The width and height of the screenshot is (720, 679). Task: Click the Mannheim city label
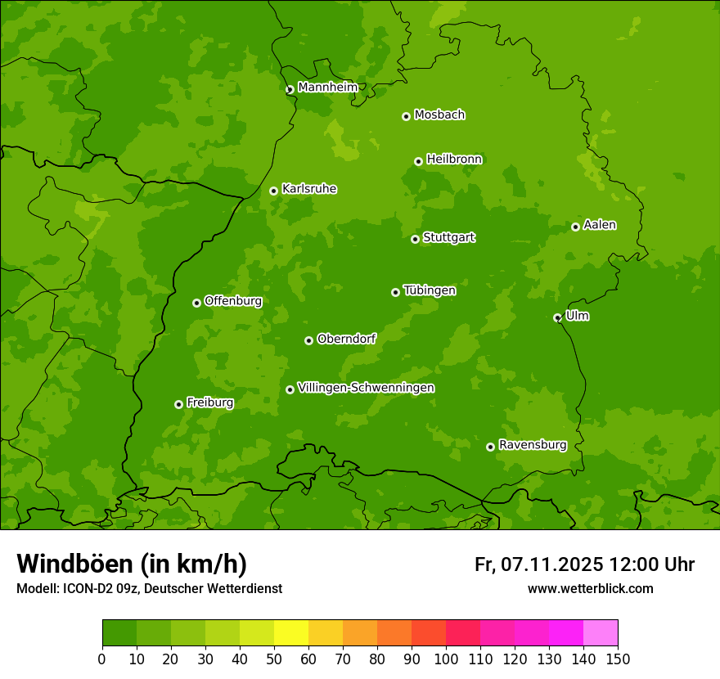327,88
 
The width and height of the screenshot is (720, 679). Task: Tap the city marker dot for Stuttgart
415,239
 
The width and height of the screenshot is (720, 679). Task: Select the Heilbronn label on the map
454,160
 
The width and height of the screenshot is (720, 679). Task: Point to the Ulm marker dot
557,317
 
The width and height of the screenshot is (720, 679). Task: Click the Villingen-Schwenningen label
366,388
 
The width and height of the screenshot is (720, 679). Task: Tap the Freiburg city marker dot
178,404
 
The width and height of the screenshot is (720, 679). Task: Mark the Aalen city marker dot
575,227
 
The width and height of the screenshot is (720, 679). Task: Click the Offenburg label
233,301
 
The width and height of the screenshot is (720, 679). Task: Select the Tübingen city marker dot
395,292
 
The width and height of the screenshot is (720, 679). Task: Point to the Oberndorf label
346,339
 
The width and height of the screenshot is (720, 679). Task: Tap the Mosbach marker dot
406,116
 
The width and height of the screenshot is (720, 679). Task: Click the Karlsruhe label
309,189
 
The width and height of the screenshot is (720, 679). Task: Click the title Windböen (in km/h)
132,564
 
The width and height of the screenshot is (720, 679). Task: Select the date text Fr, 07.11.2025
538,564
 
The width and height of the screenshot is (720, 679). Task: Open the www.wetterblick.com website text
590,588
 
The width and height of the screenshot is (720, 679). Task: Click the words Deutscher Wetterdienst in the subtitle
216,588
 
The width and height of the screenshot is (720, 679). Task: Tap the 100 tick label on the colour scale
446,659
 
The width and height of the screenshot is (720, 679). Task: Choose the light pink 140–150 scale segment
601,633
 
